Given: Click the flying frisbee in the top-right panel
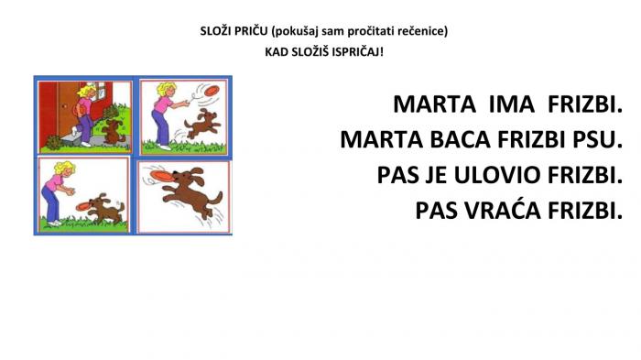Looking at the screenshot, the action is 212,91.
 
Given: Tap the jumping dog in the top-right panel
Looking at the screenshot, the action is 202,124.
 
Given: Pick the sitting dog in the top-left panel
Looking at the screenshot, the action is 113,131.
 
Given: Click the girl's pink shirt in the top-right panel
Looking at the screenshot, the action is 162,104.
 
